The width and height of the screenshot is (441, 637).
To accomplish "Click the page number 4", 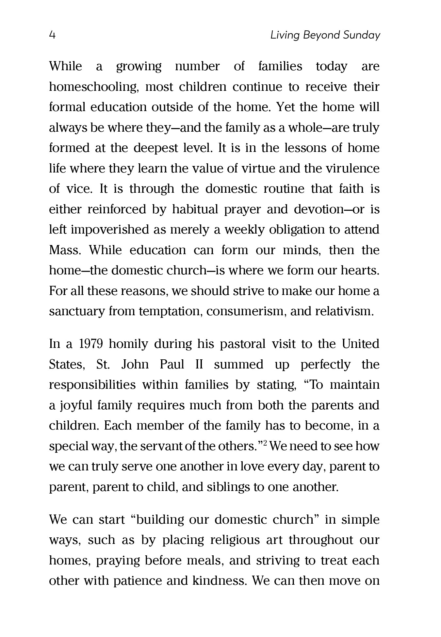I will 52,35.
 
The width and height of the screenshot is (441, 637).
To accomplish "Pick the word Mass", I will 64,250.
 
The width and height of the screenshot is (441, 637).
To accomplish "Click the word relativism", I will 344,311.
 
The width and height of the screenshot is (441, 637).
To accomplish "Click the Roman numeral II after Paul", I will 199,365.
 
